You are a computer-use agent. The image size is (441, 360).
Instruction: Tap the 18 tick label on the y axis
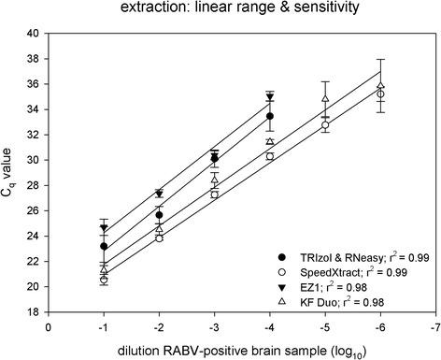coord(33,311)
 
